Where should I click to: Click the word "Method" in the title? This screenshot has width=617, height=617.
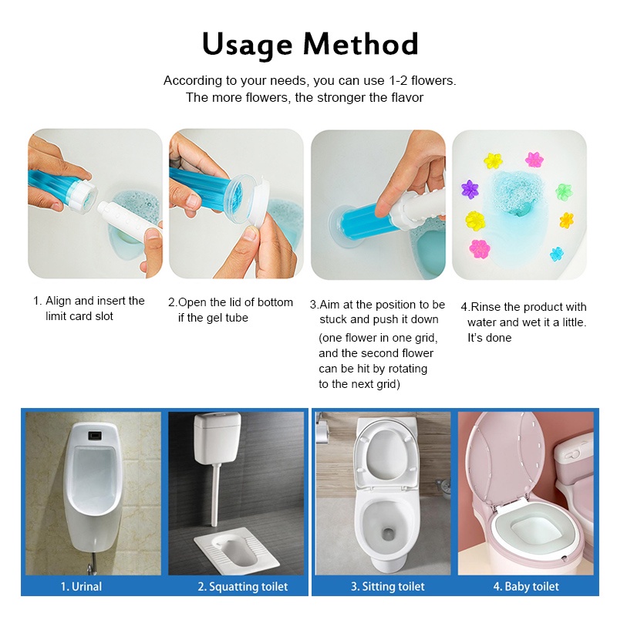(360, 43)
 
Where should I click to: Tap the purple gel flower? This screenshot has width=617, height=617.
(470, 189)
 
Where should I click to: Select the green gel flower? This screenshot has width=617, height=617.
(564, 191)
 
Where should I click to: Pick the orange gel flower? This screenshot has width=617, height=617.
(567, 220)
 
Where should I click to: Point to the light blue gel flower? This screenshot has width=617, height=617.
(556, 255)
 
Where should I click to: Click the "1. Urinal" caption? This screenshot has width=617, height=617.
(81, 587)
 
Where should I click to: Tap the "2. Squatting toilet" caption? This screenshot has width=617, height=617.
(243, 587)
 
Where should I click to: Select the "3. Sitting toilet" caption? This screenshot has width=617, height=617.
(388, 587)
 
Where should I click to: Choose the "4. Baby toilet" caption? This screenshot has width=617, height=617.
(526, 587)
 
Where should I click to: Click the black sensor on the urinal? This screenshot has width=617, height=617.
(95, 436)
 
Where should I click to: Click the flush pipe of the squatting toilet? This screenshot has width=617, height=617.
(214, 494)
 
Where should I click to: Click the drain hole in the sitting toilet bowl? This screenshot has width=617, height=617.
(388, 534)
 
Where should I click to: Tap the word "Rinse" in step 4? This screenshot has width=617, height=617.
(486, 307)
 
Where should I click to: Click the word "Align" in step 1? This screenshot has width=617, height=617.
(59, 301)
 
